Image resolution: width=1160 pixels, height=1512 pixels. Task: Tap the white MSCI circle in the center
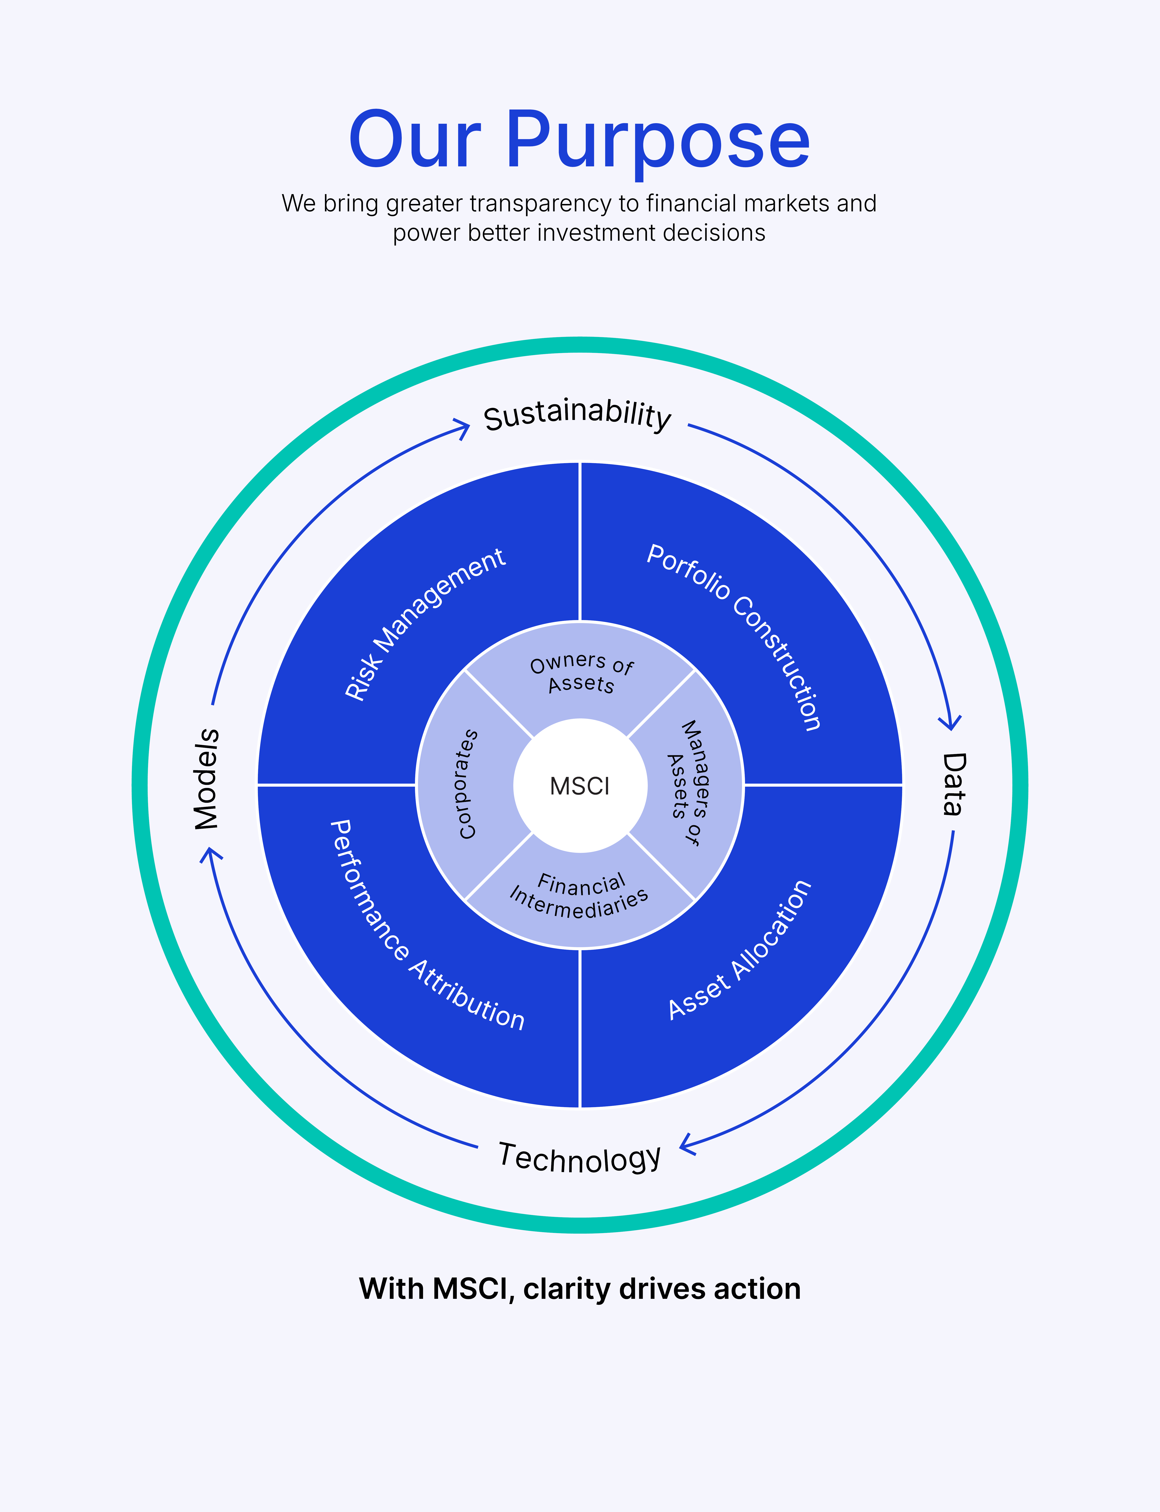(x=580, y=785)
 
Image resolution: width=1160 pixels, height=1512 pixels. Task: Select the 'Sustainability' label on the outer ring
(x=577, y=415)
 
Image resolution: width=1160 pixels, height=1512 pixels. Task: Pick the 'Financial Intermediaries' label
(x=580, y=896)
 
